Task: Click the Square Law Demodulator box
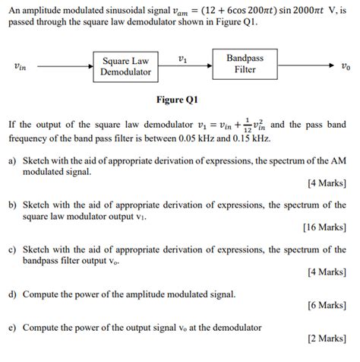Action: (126, 66)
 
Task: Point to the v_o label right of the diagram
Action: (346, 66)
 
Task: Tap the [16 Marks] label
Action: (326, 227)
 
